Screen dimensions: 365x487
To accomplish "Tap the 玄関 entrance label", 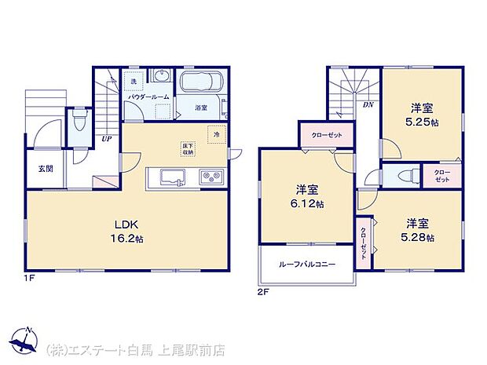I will coord(44,169).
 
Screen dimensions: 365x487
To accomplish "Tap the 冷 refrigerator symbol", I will coord(215,134).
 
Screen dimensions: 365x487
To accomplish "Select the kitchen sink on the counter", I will coord(172,175).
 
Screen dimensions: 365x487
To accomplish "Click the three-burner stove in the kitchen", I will coord(211,175).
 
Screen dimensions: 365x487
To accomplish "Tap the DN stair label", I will coord(367,104).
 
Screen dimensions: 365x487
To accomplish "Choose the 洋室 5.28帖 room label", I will coord(419,228).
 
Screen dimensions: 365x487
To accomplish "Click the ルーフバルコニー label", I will coord(307,265).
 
